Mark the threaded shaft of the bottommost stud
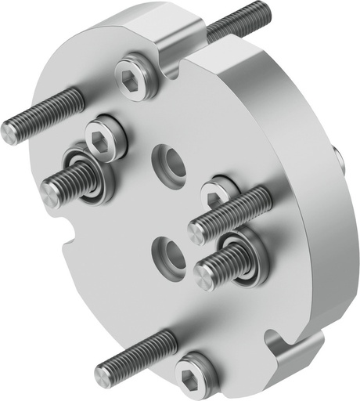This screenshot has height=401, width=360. [141, 351]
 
